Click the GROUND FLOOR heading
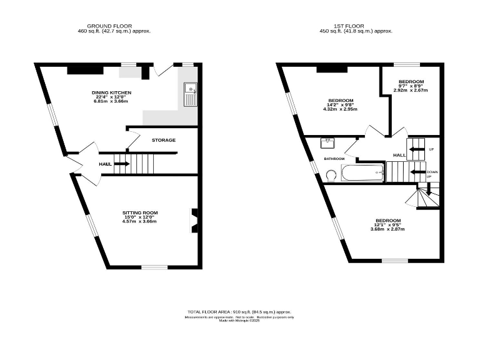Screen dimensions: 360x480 coord(114,26)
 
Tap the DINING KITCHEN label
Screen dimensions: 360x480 coord(111,92)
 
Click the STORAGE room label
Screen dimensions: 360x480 coord(163,140)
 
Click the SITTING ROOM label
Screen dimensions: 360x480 coord(139,213)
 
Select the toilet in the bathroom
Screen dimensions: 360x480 coord(331,177)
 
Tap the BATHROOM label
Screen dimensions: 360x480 coord(334,159)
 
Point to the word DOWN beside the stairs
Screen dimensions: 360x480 coord(432,171)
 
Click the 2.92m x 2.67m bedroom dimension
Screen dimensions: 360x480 coord(411,90)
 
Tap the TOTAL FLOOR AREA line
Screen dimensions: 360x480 coord(239,311)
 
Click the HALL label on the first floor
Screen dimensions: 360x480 coord(399,155)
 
